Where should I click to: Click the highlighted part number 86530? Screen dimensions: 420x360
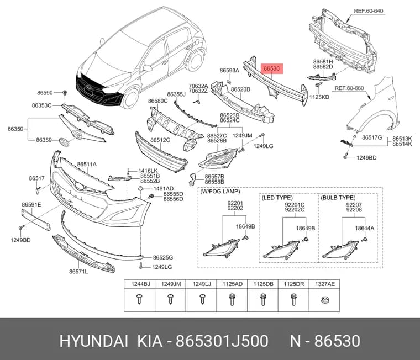(271, 69)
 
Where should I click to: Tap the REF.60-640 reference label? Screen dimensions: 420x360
(368, 11)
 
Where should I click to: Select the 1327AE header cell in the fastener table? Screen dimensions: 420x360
(324, 284)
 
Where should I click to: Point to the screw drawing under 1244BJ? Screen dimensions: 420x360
(139, 299)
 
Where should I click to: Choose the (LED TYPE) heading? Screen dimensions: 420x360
(277, 198)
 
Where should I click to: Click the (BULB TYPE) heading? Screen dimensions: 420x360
(338, 198)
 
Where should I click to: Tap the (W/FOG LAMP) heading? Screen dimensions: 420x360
(220, 192)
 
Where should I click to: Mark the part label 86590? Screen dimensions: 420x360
(45, 93)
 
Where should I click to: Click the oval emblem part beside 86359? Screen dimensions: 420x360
(64, 141)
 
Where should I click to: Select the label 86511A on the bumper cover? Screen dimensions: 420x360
(87, 165)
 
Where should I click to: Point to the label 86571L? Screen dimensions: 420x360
(78, 272)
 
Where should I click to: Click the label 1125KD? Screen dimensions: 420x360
(319, 97)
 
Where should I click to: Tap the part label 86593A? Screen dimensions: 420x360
(229, 70)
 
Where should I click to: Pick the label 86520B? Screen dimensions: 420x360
(240, 89)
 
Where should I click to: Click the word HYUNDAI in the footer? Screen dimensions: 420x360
(94, 341)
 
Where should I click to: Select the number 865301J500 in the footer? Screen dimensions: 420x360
(222, 341)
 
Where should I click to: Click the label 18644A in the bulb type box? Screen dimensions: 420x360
(365, 228)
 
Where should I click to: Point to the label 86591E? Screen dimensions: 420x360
(32, 205)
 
